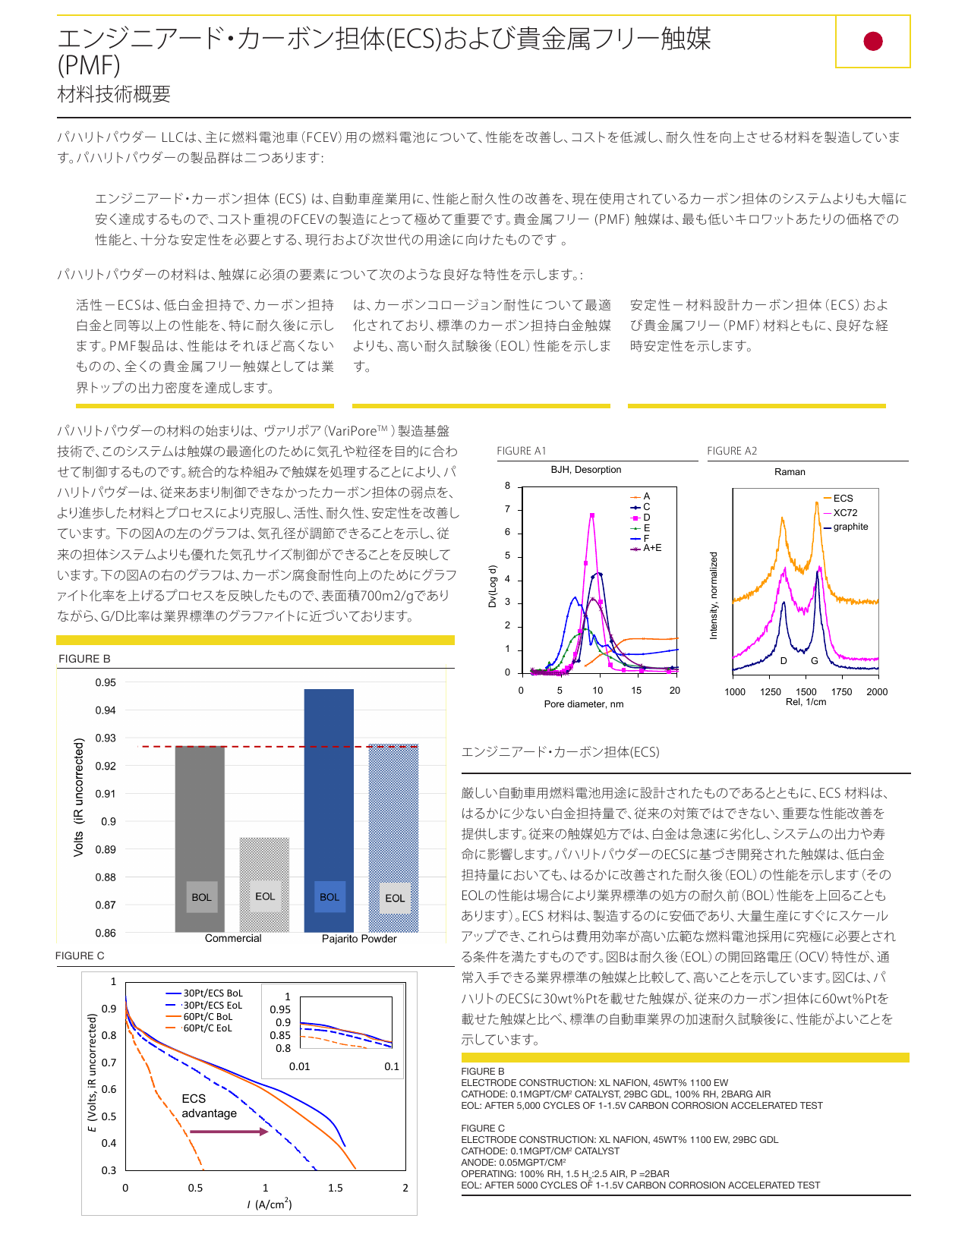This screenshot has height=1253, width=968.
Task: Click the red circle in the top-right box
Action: point(872,41)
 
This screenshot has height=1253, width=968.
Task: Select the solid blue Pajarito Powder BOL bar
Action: point(328,810)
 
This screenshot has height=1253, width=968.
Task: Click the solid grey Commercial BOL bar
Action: point(200,839)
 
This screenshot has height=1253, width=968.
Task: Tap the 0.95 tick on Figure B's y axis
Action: point(106,682)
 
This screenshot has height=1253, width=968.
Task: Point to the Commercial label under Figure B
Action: point(232,938)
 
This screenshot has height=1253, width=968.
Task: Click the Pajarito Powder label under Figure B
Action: point(359,939)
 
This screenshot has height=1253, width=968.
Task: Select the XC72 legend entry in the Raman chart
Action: point(840,512)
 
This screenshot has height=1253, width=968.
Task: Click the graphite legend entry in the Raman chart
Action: point(846,527)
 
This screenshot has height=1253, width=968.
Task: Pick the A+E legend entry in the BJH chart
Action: point(645,548)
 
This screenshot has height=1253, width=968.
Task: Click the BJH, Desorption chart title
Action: point(585,469)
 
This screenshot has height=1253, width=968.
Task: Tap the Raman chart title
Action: point(789,471)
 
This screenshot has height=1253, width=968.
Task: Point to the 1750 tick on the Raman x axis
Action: point(841,691)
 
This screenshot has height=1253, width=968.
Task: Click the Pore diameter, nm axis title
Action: point(583,704)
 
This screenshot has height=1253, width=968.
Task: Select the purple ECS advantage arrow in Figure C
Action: point(229,1132)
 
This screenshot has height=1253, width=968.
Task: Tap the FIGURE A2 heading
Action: point(731,450)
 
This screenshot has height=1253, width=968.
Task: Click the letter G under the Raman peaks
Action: point(814,661)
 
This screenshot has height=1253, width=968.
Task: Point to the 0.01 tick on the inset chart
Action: point(299,1066)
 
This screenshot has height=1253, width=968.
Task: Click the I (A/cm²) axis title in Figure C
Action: point(270,1204)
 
